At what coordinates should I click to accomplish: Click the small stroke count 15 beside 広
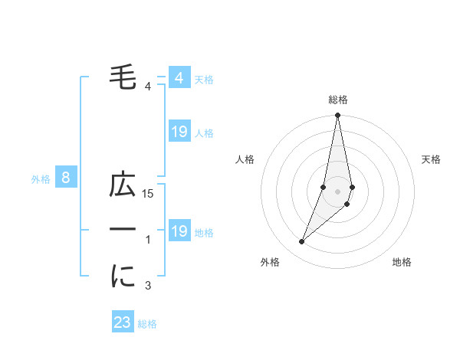(x=149, y=195)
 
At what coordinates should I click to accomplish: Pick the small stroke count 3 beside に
(x=148, y=286)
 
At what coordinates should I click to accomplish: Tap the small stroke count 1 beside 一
(x=148, y=241)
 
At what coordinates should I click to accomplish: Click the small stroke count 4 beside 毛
(x=148, y=86)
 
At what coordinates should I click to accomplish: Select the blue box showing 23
(x=123, y=322)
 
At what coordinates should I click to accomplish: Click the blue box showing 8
(x=66, y=178)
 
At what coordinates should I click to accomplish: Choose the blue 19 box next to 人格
(x=179, y=132)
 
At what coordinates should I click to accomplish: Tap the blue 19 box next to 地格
(x=179, y=231)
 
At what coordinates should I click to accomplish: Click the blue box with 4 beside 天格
(x=179, y=78)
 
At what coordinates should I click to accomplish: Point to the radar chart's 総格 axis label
(x=337, y=100)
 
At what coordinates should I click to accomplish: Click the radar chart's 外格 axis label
(x=270, y=262)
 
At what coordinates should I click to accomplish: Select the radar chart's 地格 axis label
(x=402, y=262)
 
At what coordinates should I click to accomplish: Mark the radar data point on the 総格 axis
(x=337, y=116)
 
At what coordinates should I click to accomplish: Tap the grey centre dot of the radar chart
(x=337, y=191)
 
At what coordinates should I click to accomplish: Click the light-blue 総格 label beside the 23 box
(x=147, y=324)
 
